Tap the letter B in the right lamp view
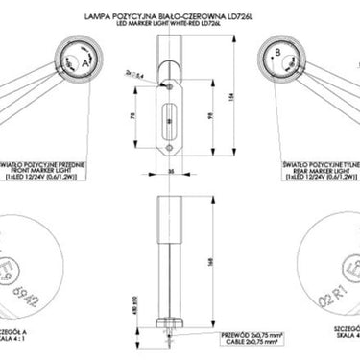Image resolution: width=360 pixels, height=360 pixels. click(277, 52)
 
